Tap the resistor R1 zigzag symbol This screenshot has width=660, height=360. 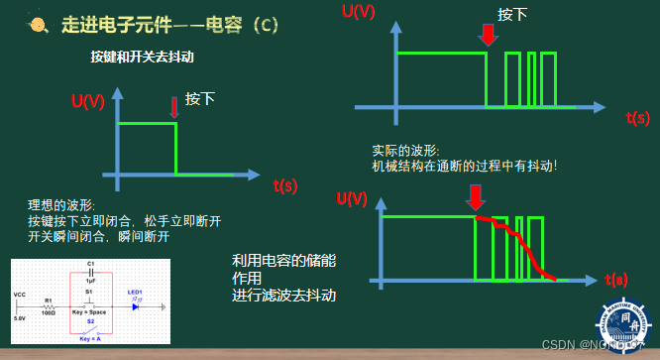[48, 306]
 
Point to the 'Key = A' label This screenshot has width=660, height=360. [90, 338]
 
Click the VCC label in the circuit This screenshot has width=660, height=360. [19, 296]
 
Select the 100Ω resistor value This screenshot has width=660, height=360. [48, 313]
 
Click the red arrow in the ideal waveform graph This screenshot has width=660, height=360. [174, 105]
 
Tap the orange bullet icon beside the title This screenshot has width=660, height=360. [36, 24]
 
